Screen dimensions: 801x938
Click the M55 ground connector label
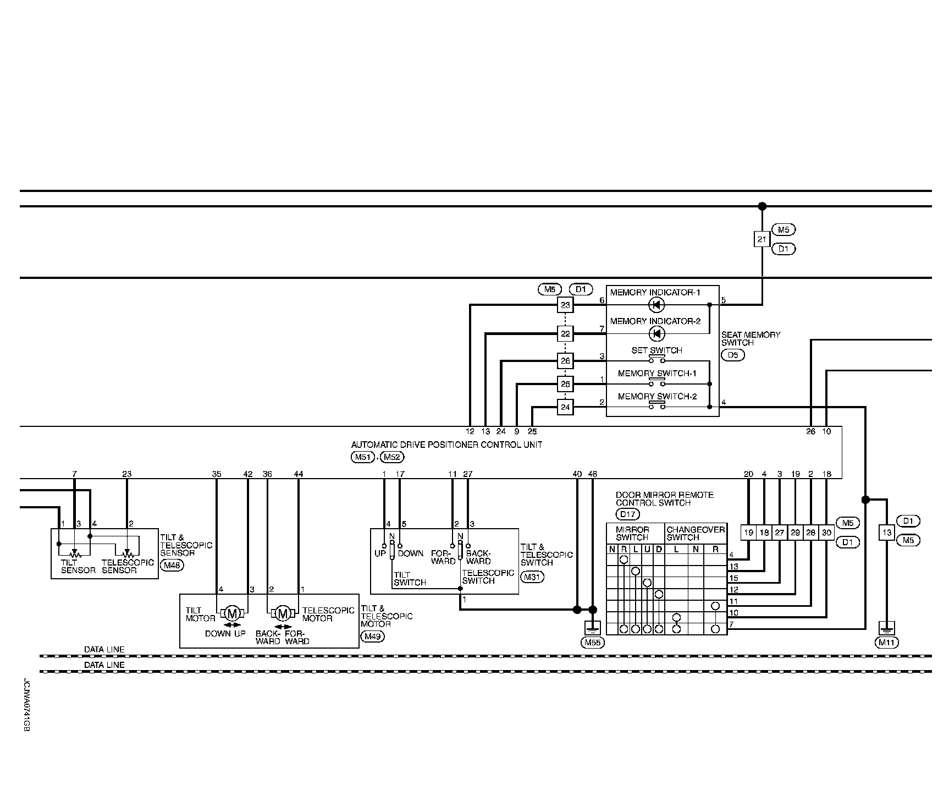coord(592,642)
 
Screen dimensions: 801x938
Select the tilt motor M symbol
coord(232,613)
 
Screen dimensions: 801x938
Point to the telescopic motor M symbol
coord(283,613)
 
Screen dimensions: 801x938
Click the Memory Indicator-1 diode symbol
coord(656,305)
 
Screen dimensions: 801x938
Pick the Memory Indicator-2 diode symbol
coord(656,333)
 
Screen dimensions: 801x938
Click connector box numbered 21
coord(762,239)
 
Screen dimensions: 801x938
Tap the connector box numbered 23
coord(565,305)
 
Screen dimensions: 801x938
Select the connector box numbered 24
coord(565,408)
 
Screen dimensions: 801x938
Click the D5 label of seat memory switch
coord(732,355)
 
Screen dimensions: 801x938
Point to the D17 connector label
coord(627,514)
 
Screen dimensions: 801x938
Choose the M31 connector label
coord(532,577)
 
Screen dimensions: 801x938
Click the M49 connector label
coord(372,637)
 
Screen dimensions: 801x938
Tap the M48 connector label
coord(171,564)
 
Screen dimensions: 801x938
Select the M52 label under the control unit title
coord(392,457)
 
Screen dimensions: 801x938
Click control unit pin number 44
coord(299,474)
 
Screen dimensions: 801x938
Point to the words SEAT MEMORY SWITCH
coord(743,338)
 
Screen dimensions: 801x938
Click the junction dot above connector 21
coord(762,206)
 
